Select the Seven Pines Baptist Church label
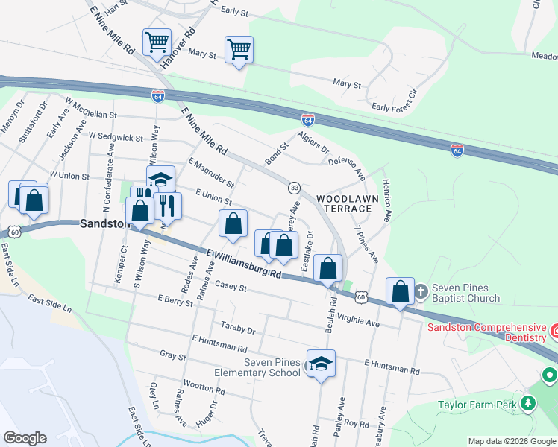coord(465,293)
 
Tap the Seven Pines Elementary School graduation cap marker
coord(321,364)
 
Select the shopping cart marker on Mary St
coord(239,50)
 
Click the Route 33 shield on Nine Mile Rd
coord(295,187)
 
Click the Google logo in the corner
coord(25,437)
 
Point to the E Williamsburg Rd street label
coord(244,264)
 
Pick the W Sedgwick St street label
coord(116,137)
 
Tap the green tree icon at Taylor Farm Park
coord(528,403)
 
